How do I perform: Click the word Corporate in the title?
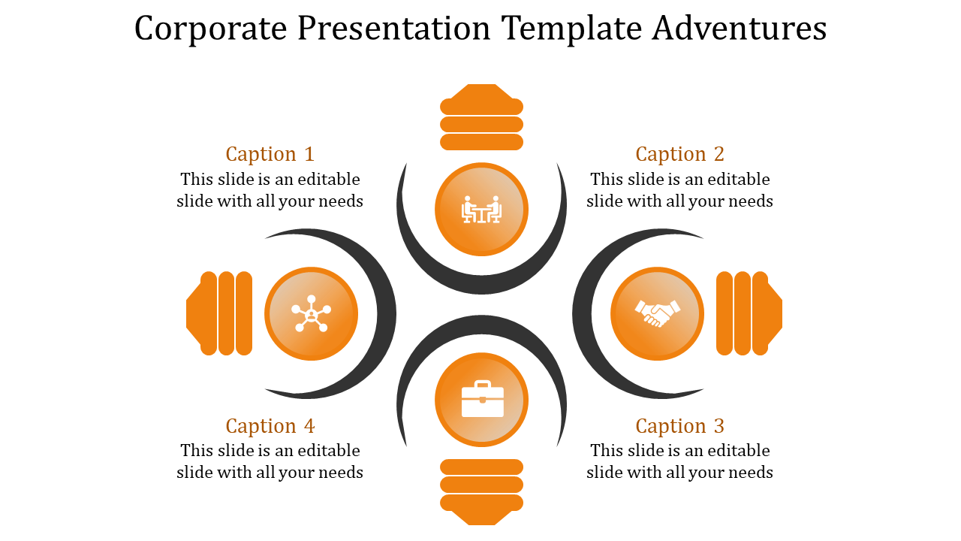click(210, 29)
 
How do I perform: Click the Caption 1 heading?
click(270, 154)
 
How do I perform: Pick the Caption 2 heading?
click(679, 154)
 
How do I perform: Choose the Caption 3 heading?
click(679, 426)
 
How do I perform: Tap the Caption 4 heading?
click(270, 426)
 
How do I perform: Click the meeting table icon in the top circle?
click(481, 210)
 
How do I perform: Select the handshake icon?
click(657, 313)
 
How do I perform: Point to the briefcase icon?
click(482, 399)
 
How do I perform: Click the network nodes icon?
click(311, 313)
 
